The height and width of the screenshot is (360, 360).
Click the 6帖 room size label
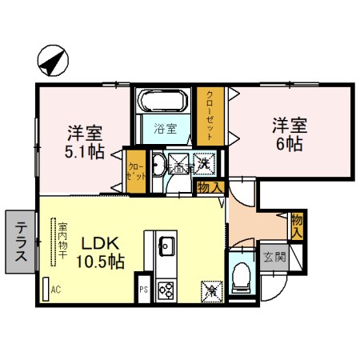point(290,145)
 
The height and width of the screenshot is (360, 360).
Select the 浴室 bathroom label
point(166,128)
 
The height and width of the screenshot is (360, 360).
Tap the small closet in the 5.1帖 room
point(136,170)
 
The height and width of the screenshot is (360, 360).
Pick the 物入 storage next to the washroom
point(209,187)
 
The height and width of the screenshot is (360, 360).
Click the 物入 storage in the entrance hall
point(297,225)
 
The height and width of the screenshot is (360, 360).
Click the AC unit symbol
point(46,289)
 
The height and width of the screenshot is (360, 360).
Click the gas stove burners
point(166,288)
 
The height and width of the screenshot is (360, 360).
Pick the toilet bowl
point(241,276)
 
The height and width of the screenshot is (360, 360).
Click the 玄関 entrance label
point(274,257)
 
